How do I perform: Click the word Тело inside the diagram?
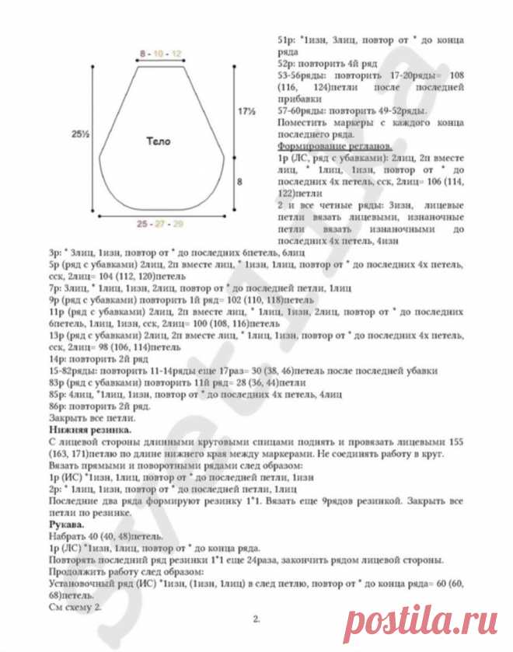(x=157, y=141)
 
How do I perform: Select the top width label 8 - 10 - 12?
(x=161, y=53)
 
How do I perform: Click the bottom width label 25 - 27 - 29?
(x=161, y=224)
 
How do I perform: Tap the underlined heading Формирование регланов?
(x=334, y=147)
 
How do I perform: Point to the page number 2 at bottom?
(x=255, y=619)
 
